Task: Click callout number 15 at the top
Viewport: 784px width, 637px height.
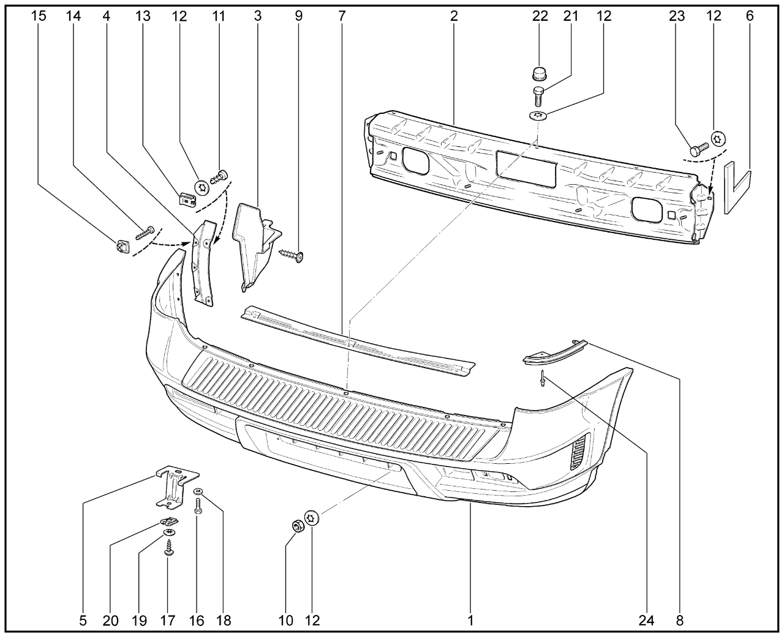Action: [38, 17]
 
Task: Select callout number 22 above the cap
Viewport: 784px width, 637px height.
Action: [540, 17]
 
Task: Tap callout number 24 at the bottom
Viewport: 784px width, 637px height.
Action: [647, 620]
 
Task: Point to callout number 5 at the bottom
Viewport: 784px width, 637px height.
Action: [83, 620]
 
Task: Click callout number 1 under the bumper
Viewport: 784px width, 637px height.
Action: [470, 620]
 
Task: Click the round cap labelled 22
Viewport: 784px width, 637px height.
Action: [538, 74]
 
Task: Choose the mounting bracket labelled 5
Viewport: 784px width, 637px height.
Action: [176, 486]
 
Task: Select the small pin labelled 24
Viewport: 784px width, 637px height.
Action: [543, 379]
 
